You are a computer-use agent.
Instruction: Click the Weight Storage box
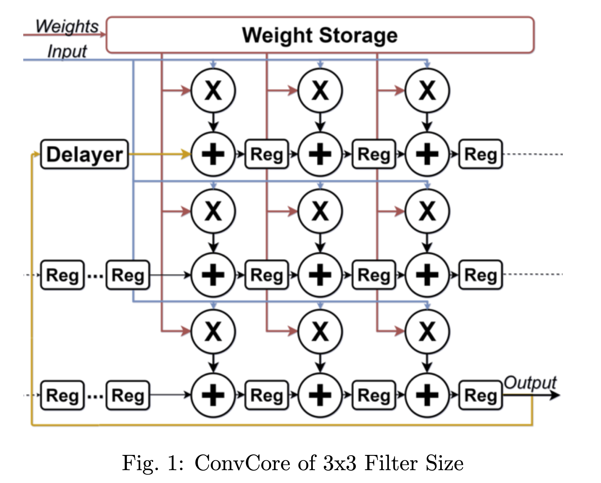click(x=320, y=35)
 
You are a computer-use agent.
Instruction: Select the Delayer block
click(x=84, y=154)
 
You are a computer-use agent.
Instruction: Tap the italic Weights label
click(x=67, y=26)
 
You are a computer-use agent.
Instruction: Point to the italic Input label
click(x=67, y=51)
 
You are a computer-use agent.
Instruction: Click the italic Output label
click(x=530, y=383)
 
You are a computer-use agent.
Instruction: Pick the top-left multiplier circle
click(x=213, y=91)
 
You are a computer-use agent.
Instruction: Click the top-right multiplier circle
click(x=427, y=91)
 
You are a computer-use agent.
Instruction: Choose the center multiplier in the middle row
click(x=320, y=211)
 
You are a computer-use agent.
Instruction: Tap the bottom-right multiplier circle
click(x=427, y=332)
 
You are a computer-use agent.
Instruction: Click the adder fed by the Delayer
click(x=213, y=154)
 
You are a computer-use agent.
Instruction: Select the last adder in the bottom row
click(x=427, y=395)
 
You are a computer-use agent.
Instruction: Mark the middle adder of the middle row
click(x=320, y=275)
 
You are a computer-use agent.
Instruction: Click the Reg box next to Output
click(x=481, y=395)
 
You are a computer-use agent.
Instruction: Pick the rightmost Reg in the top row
click(x=481, y=154)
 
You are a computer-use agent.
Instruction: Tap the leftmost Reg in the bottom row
click(x=62, y=395)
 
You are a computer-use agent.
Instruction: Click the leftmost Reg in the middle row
click(x=62, y=275)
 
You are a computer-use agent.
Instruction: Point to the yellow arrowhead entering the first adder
click(x=186, y=154)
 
